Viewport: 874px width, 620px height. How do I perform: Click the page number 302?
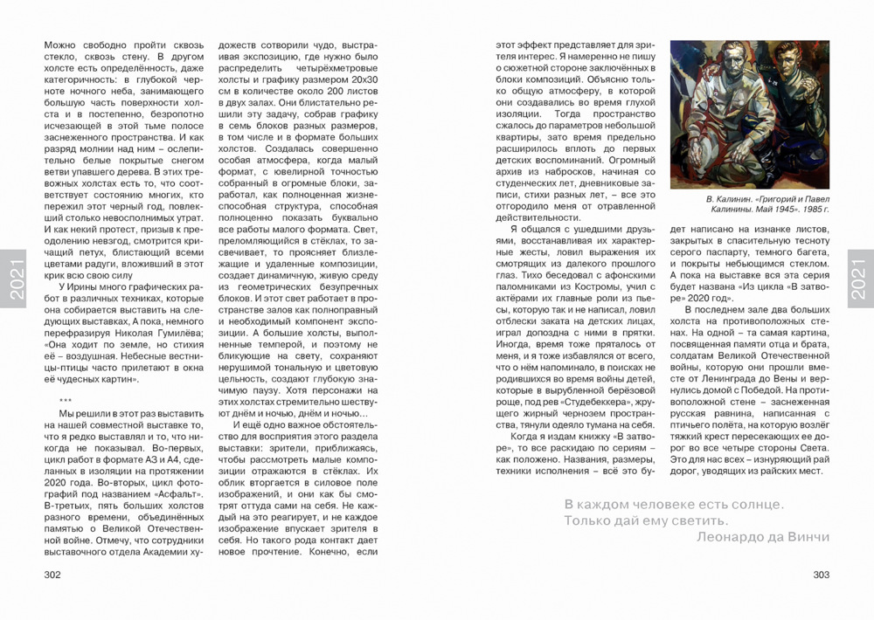tap(53, 575)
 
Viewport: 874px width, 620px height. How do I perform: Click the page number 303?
tap(821, 575)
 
